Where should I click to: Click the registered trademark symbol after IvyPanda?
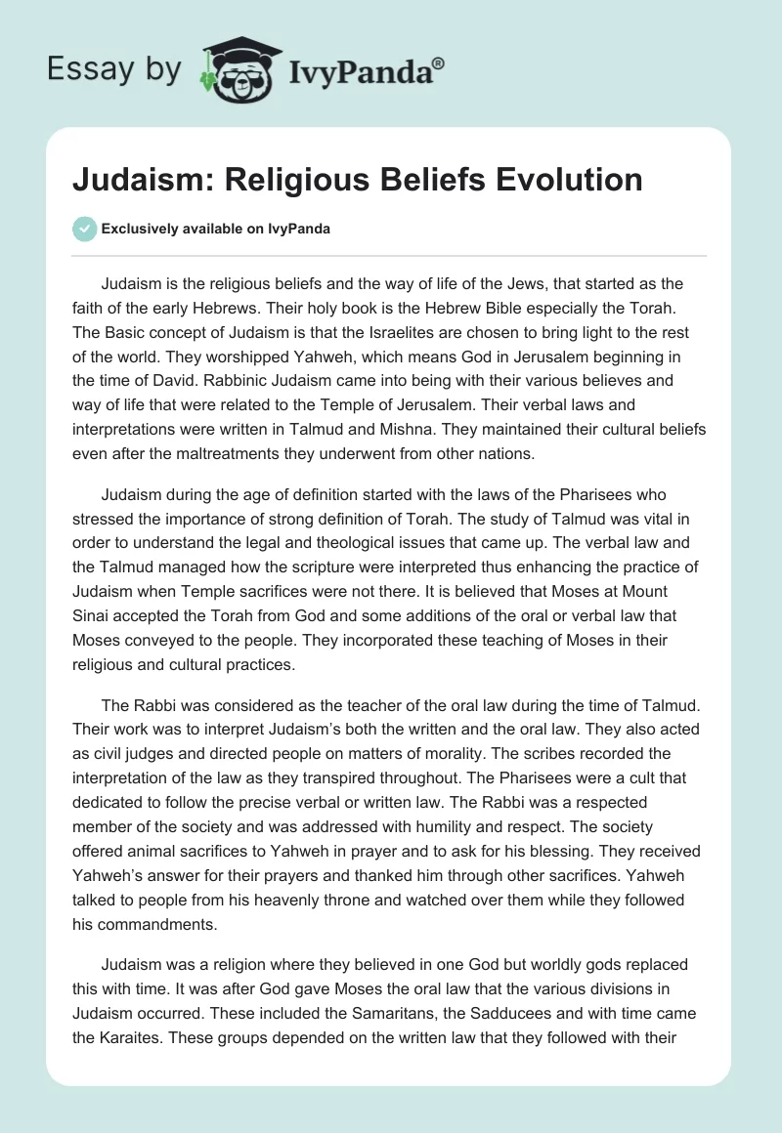click(x=439, y=63)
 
